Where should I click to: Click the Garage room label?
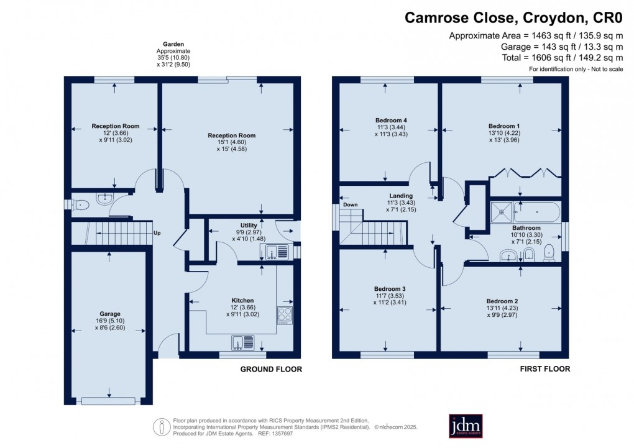pos(109,314)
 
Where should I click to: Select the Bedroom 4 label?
pos(390,120)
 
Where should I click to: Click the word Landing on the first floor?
pos(401,196)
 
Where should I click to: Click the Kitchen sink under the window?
pos(243,342)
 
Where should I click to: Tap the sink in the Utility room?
pos(277,252)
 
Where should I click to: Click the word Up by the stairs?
pos(158,234)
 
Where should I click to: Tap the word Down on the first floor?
pos(350,204)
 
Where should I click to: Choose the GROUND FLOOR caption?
pos(271,369)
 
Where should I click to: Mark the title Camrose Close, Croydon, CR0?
pos(513,17)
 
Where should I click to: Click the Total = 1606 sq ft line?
pos(558,57)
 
